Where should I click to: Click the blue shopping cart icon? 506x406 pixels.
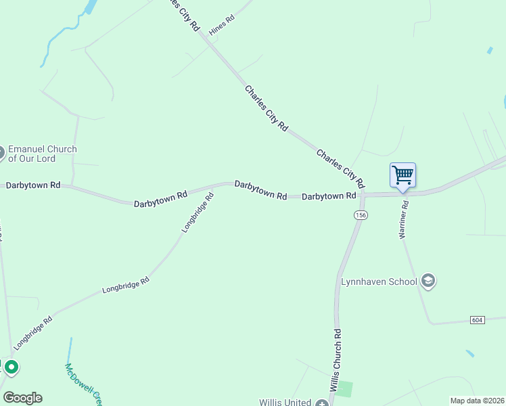coord(402,175)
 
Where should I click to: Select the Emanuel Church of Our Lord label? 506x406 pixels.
coord(42,154)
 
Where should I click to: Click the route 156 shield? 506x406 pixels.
coord(361,215)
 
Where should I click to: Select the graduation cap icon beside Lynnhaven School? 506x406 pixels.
coord(428,280)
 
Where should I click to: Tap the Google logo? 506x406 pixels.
coord(22,398)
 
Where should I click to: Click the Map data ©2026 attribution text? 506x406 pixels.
coord(477,401)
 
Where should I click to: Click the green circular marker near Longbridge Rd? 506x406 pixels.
coord(11,367)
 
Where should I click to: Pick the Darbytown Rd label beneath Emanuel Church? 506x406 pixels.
coord(33,185)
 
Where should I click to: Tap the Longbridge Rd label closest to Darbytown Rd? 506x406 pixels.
coord(198,212)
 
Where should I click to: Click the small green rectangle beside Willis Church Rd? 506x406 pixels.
coord(345,389)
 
